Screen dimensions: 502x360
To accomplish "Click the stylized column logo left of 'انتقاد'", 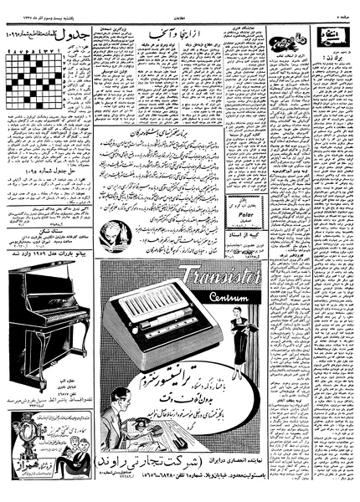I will (x=291, y=37).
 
